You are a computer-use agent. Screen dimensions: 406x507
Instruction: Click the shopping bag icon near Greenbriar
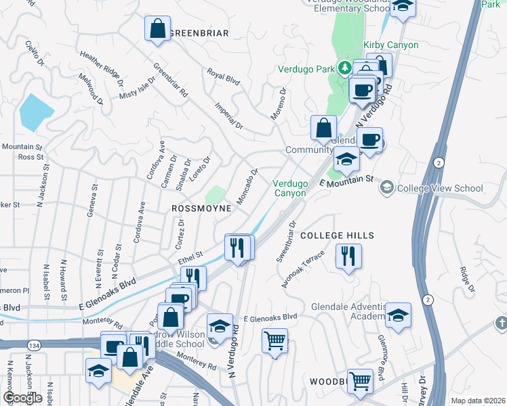(x=157, y=29)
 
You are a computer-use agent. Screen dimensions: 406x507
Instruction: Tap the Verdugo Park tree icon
(x=344, y=67)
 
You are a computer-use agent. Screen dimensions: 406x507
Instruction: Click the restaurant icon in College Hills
(x=348, y=256)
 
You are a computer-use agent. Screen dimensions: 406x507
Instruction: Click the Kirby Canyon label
(x=391, y=45)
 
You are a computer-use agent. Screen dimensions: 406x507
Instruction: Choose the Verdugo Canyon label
(x=289, y=188)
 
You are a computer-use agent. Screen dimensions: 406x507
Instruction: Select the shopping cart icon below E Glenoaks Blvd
(x=275, y=340)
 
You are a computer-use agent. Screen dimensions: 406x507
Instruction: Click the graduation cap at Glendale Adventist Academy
(x=398, y=315)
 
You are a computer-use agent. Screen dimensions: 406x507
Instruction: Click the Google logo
(x=22, y=397)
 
